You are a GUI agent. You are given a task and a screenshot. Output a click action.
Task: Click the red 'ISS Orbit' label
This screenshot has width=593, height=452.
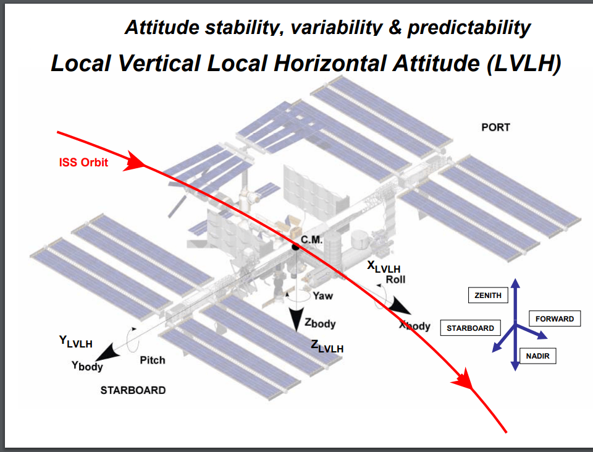point(83,163)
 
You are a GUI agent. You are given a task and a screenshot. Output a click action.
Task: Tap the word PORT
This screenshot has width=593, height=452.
point(495,127)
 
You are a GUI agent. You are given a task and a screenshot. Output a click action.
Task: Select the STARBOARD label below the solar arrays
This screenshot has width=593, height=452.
point(133,390)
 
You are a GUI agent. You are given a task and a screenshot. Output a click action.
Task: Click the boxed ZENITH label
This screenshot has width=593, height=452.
point(488,296)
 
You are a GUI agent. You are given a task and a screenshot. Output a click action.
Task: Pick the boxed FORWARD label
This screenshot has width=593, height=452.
point(555,319)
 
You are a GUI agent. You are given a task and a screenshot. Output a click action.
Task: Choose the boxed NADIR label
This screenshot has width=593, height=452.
point(538,356)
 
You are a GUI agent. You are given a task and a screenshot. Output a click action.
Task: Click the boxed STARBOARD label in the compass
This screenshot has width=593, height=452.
point(470,328)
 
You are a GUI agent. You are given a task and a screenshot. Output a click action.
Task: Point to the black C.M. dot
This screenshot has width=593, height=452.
point(296,247)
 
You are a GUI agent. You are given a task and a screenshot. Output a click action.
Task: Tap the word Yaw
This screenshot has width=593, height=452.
point(322,296)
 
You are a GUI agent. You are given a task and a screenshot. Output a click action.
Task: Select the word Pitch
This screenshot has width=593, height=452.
point(153,360)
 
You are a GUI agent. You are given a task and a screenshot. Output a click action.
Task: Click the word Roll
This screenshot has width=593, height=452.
point(395,279)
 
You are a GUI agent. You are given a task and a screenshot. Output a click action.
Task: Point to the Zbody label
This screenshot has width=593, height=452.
point(320,323)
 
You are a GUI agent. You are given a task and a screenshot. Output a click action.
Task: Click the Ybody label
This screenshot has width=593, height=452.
point(87,365)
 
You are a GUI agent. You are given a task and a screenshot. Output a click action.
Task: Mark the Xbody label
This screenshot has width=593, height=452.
point(414,326)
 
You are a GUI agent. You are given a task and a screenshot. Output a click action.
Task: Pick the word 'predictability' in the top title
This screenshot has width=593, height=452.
point(469,27)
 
